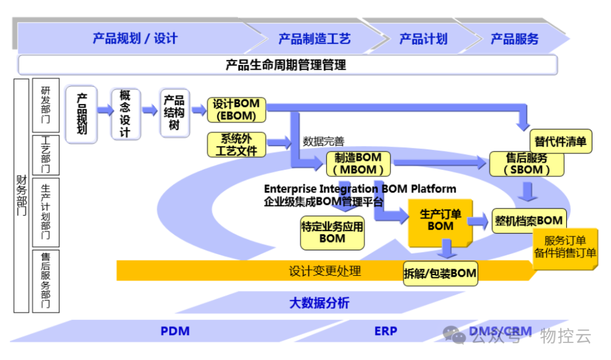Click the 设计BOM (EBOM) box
point(236,110)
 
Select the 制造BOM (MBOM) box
point(358,163)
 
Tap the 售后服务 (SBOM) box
point(527,163)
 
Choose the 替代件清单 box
point(560,141)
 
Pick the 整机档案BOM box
point(528,220)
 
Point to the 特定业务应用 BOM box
point(332,232)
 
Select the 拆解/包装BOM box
point(440,273)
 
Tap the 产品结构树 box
point(174,113)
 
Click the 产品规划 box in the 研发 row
point(81,114)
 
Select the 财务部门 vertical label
point(21,195)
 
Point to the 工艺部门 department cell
point(46,156)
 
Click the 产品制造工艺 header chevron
point(314,38)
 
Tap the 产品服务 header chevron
point(514,38)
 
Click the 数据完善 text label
point(323,142)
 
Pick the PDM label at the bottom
point(175,331)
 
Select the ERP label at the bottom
point(386,331)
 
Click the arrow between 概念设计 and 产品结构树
point(149,110)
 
